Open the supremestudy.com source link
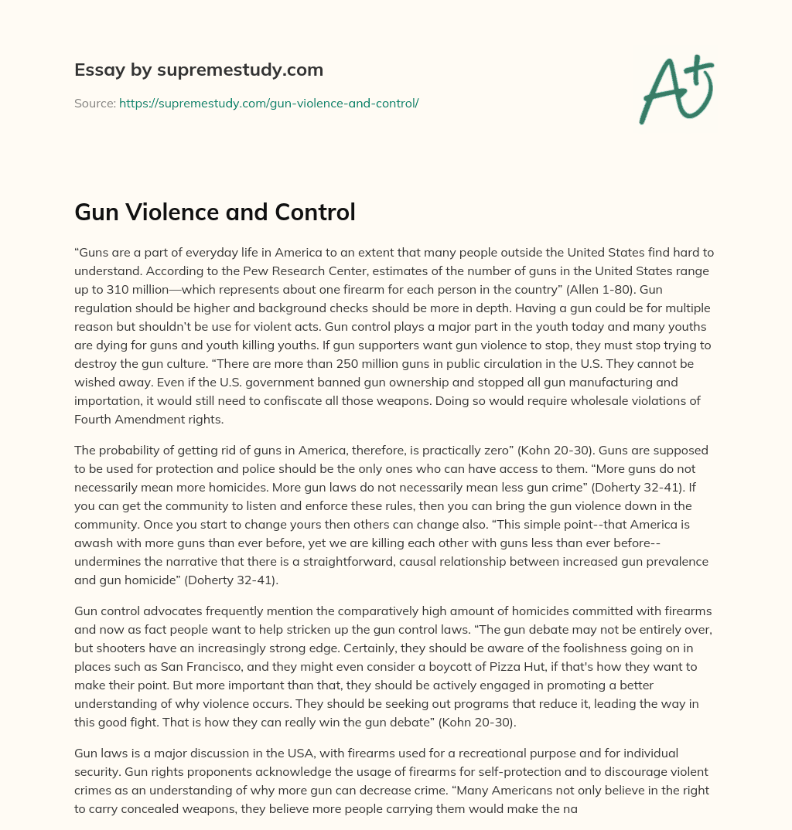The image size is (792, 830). click(268, 103)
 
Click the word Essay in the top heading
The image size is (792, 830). click(98, 70)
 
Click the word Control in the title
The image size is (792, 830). click(314, 211)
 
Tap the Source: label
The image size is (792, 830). click(95, 103)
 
